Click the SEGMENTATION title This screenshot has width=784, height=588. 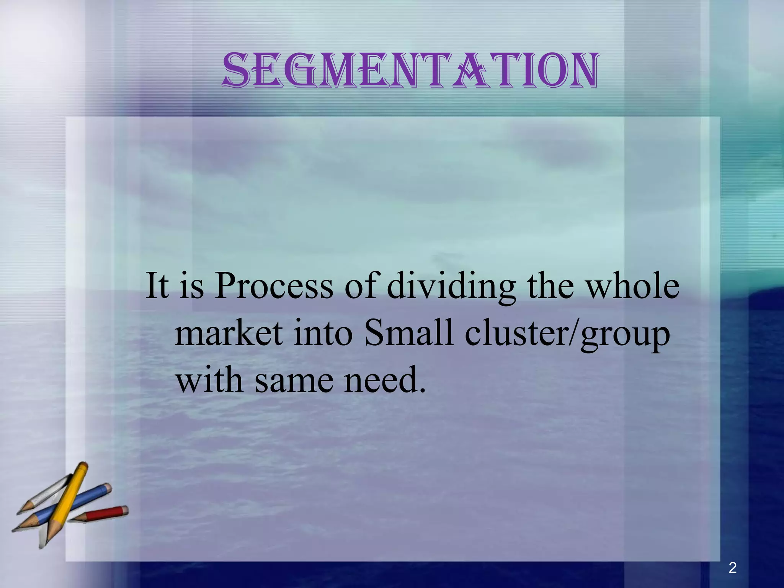click(x=410, y=71)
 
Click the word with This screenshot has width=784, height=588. click(x=209, y=381)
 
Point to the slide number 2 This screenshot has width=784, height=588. click(x=732, y=568)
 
